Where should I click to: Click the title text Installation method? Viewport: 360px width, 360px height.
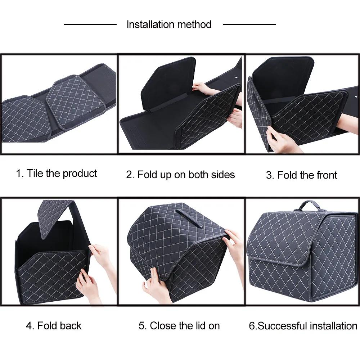tap(169, 24)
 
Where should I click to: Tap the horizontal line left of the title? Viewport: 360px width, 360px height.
tap(90, 24)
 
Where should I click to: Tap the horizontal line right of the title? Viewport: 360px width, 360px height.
tap(249, 24)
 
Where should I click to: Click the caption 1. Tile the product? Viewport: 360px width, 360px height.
tap(57, 174)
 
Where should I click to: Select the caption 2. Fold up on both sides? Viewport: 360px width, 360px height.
tap(180, 175)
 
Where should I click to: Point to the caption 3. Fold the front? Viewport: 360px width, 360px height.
tap(301, 175)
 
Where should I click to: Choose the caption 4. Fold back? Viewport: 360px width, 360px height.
tap(54, 326)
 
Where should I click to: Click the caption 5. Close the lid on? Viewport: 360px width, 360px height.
tap(179, 326)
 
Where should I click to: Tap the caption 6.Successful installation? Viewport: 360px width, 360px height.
tap(303, 326)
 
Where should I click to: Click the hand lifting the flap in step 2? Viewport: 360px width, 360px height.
tap(202, 87)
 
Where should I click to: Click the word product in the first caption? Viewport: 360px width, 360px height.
tap(80, 174)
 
